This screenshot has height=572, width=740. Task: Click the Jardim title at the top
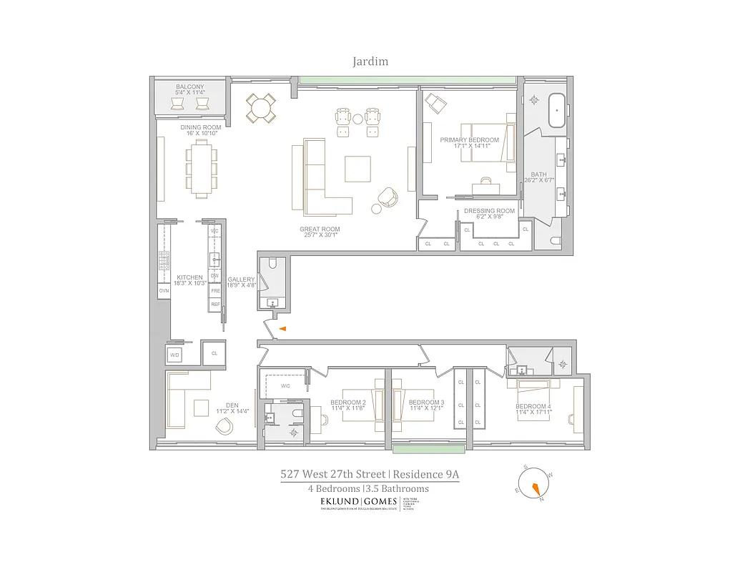pos(370,61)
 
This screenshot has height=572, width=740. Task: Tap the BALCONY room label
pos(190,87)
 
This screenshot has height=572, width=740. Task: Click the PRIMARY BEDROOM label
pos(469,140)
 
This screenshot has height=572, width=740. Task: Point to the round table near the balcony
pos(260,109)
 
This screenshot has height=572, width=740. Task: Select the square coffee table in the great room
pos(357,169)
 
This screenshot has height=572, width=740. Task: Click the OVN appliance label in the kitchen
pos(164,291)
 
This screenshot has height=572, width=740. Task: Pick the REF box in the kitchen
pos(214,305)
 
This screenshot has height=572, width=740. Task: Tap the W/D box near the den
pos(175,355)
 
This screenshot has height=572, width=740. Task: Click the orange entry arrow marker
pos(282,329)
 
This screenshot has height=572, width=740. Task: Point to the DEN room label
pos(232,405)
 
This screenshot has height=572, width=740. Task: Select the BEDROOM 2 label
pos(348,403)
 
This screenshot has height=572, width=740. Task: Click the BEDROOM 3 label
pos(426,403)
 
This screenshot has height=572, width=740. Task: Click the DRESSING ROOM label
pos(489,211)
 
